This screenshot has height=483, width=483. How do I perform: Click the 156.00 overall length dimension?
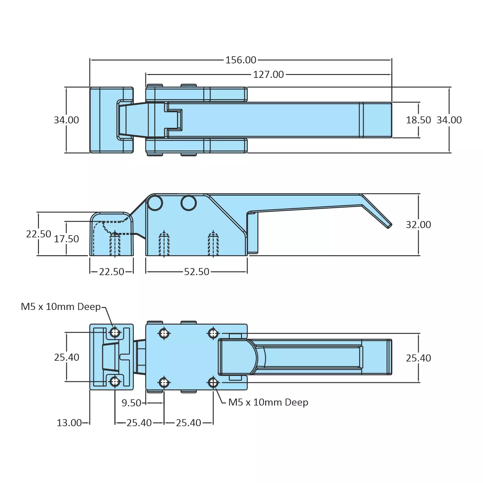(x=241, y=60)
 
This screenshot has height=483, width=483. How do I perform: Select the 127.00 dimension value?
(x=268, y=75)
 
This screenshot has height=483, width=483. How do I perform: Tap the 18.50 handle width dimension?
(x=418, y=120)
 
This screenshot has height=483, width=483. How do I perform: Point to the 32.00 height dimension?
(x=418, y=225)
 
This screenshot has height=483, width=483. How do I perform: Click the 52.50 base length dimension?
(x=196, y=272)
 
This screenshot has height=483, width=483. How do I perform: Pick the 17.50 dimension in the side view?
(x=66, y=239)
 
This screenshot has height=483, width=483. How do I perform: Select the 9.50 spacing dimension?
(x=131, y=403)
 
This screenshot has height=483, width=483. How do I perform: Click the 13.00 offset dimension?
(x=69, y=423)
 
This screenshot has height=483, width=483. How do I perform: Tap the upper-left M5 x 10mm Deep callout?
(x=61, y=307)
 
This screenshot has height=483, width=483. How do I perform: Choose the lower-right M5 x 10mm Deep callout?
(x=268, y=402)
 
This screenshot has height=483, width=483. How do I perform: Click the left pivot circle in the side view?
(x=155, y=203)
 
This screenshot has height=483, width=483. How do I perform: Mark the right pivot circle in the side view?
(x=189, y=203)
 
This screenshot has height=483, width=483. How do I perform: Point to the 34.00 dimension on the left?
(x=66, y=120)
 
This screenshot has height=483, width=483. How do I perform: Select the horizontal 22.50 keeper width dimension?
(x=111, y=272)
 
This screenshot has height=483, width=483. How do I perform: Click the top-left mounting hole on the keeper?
(x=115, y=332)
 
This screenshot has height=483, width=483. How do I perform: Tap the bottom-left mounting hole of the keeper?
(x=115, y=382)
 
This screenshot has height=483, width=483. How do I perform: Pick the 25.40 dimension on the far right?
(x=418, y=358)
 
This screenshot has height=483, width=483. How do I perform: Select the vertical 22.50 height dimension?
(x=38, y=234)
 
